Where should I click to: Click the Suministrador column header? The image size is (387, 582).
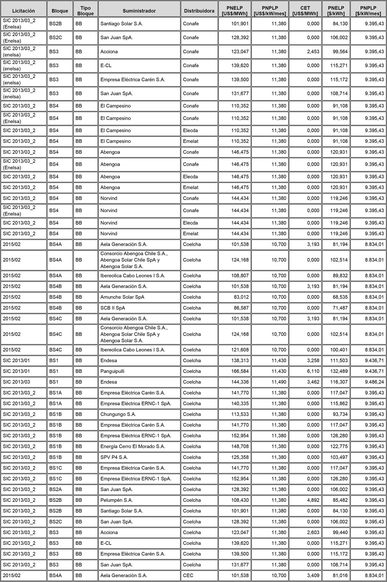[x=139, y=11]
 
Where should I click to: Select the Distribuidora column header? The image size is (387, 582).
[x=199, y=11]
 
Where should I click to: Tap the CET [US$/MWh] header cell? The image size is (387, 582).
[x=305, y=11]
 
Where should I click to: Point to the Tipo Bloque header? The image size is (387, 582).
[x=85, y=11]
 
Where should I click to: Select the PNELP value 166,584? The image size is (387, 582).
[x=240, y=371]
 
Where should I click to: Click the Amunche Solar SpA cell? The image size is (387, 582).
[x=122, y=297]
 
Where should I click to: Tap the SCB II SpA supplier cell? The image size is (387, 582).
[x=113, y=308]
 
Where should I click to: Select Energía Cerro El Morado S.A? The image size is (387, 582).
[x=133, y=447]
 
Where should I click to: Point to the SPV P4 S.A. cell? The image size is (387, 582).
[x=114, y=457]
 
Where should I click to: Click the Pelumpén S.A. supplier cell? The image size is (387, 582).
[x=117, y=500]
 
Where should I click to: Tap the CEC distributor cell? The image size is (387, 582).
[x=188, y=576]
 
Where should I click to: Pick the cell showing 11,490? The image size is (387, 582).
[x=279, y=382]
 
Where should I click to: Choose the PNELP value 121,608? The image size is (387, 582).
[x=240, y=350]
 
